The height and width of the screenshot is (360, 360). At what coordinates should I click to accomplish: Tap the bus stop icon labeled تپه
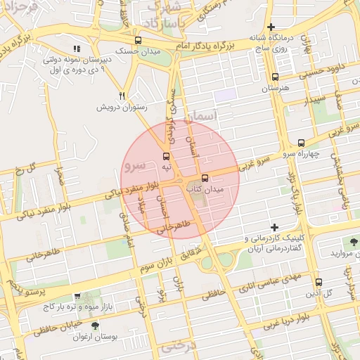point(167,156)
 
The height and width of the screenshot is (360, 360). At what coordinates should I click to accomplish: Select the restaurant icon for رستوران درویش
point(122,96)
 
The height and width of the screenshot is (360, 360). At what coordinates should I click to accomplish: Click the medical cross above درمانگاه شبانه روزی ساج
point(271,27)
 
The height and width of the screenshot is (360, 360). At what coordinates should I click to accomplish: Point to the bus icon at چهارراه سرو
point(302,142)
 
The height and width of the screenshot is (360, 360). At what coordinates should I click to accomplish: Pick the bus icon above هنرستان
point(275,77)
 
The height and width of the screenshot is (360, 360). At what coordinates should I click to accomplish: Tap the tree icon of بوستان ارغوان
point(96,326)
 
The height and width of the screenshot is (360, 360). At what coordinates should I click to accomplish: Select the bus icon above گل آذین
point(319,281)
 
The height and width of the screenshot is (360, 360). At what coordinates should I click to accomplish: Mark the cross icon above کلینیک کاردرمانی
point(274,227)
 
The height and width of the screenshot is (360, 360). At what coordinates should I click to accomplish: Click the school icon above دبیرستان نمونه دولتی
point(77,49)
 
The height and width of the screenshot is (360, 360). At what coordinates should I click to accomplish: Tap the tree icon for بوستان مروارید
point(354,240)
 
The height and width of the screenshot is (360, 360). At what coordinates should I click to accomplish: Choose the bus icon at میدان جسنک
point(138,40)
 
